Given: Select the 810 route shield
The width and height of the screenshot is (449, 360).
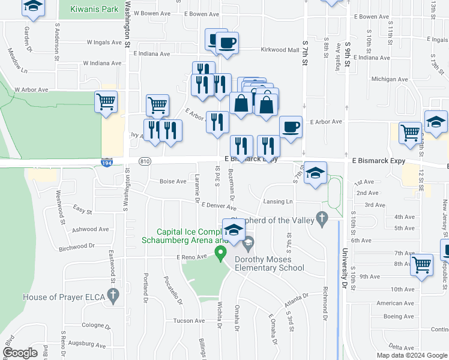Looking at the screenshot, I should point(144,161).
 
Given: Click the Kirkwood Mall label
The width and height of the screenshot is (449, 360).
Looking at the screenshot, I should point(280,50).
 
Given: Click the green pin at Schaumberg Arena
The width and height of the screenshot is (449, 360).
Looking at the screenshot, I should point(220,253).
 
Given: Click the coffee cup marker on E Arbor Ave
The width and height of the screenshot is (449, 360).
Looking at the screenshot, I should point(291,127).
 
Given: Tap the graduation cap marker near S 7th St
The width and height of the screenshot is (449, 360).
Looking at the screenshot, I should point(315,173).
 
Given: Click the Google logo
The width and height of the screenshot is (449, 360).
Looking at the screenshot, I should point(20,353).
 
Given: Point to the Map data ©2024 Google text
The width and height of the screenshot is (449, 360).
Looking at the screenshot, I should point(411,355).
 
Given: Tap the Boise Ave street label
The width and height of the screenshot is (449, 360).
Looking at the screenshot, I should point(173,181).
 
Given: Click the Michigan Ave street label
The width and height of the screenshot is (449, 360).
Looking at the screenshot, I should point(385,79).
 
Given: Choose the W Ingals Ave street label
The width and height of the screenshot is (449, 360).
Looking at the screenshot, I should point(104,43).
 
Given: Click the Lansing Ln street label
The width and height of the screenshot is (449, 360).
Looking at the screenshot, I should point(278,202).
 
